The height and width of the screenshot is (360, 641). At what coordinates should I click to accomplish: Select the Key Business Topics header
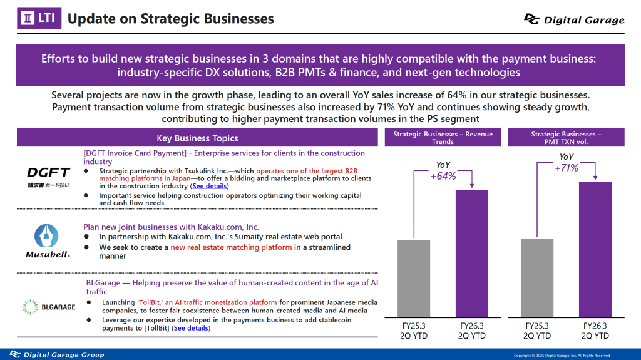point(197,138)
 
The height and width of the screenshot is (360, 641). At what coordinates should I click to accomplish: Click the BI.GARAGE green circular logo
point(29,307)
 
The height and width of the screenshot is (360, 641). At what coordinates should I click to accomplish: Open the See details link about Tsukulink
point(210,186)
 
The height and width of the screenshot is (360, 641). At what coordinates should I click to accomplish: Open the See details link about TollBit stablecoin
point(191,327)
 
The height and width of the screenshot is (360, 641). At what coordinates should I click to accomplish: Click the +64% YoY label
point(443,176)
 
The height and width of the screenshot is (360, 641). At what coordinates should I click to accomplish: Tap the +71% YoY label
point(566,167)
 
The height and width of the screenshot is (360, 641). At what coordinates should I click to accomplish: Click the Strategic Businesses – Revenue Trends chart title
point(443,138)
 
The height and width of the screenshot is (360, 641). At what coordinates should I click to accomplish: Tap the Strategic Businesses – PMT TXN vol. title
point(566,138)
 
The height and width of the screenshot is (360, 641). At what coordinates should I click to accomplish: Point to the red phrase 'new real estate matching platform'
point(231,247)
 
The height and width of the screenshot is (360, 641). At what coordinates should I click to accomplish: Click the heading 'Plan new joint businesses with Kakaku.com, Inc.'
point(171,227)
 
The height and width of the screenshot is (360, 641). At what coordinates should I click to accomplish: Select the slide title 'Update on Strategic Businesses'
point(170,19)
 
